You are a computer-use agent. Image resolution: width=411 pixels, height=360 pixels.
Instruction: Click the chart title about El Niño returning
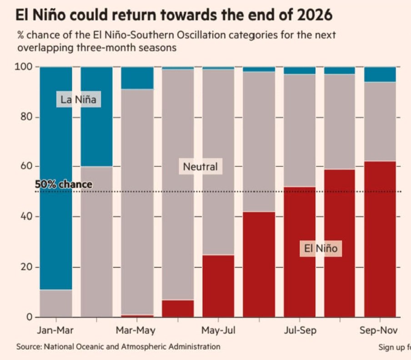coord(174,15)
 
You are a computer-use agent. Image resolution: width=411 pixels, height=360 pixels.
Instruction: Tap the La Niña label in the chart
coord(78,100)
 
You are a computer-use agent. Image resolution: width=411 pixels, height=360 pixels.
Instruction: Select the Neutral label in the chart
coord(200,167)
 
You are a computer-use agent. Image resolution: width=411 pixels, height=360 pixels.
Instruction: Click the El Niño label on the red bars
coord(321,248)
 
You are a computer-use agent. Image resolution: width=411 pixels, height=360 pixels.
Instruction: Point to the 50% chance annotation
coord(64,185)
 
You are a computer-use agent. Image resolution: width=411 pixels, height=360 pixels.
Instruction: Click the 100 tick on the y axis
coord(25,67)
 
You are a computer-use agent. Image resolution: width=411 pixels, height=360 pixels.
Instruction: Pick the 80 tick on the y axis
coord(26,117)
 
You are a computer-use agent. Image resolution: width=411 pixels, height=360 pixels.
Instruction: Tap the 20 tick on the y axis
coord(26,267)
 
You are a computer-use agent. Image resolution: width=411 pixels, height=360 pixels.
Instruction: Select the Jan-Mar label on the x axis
coord(55,330)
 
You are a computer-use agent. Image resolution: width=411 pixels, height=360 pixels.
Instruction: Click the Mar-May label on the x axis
coord(135,330)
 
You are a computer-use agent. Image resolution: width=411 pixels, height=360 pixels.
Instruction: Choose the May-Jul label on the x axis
coord(218,330)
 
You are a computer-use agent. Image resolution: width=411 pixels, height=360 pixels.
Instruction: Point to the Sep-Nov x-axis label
coord(379,330)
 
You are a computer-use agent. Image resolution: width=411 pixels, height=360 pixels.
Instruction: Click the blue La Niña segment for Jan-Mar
coord(56,182)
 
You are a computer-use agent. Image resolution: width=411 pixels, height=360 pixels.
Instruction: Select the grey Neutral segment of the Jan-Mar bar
coord(56,303)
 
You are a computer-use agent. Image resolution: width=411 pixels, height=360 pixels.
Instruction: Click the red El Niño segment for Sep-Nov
coord(380,239)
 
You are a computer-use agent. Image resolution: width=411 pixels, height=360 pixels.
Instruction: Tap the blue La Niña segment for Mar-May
coord(137,78)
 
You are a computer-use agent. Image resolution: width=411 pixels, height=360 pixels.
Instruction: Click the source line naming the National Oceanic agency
coord(118,347)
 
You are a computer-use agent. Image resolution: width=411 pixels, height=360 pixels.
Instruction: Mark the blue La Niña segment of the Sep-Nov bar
coord(380,74)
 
